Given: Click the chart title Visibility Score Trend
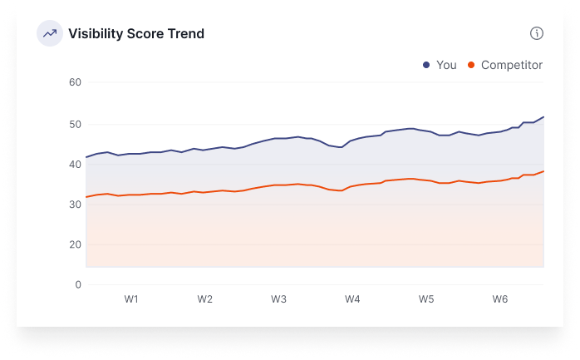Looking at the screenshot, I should (136, 34).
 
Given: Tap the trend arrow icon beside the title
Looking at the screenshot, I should (50, 34).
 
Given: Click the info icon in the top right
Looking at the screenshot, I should (537, 33).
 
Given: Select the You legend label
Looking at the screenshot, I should (446, 65).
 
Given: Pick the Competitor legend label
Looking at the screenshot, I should (512, 65).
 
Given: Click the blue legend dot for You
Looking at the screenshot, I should (426, 65).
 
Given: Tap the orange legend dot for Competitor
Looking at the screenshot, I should (471, 65).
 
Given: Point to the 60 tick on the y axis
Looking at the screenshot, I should (75, 82).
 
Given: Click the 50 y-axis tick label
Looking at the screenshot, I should (75, 124).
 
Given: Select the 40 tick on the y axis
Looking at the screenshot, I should (75, 164).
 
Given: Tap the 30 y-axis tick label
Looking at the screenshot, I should (75, 205).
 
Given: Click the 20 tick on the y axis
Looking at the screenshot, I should (75, 244).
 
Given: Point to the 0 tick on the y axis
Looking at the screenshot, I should (78, 284).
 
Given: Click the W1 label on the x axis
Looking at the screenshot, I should (131, 299).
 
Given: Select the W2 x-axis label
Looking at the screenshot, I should (205, 299).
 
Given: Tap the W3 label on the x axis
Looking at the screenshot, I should (279, 299).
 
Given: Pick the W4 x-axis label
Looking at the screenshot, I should (352, 299).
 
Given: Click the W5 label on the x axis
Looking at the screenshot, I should (426, 299).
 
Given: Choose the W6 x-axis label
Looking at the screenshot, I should (500, 299).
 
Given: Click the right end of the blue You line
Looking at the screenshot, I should (543, 117).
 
